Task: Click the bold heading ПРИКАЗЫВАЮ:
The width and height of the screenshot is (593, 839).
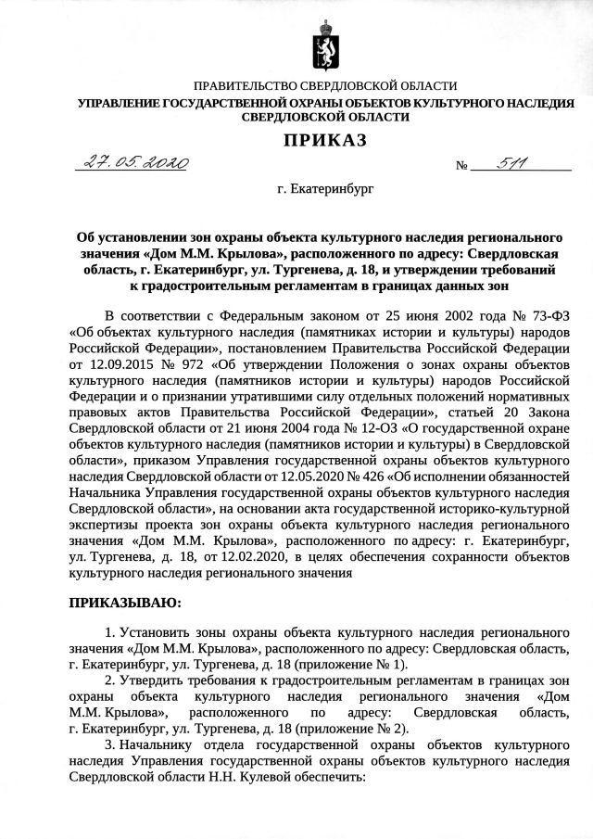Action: pos(124,603)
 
